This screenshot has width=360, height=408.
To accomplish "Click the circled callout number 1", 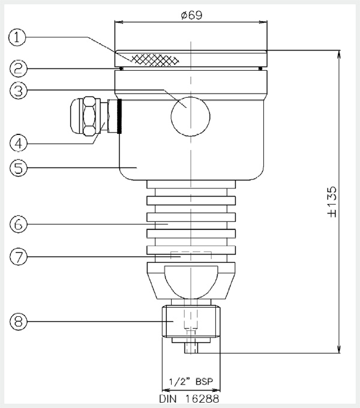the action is [x=17, y=37].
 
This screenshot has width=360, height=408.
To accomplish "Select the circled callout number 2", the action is [x=19, y=68].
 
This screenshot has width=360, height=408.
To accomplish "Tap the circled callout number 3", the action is [x=19, y=91].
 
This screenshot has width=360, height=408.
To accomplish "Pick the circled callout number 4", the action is [x=19, y=143].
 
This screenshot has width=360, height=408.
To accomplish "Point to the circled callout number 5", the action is [x=19, y=168].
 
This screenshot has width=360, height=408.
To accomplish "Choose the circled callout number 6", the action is [x=19, y=224].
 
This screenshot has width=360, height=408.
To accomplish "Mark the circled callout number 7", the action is [x=19, y=257].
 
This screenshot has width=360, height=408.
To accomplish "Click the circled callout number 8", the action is [x=19, y=322].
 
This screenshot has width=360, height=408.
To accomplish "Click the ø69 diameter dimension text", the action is [x=191, y=15].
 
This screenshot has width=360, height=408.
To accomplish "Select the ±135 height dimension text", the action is [x=332, y=202].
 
